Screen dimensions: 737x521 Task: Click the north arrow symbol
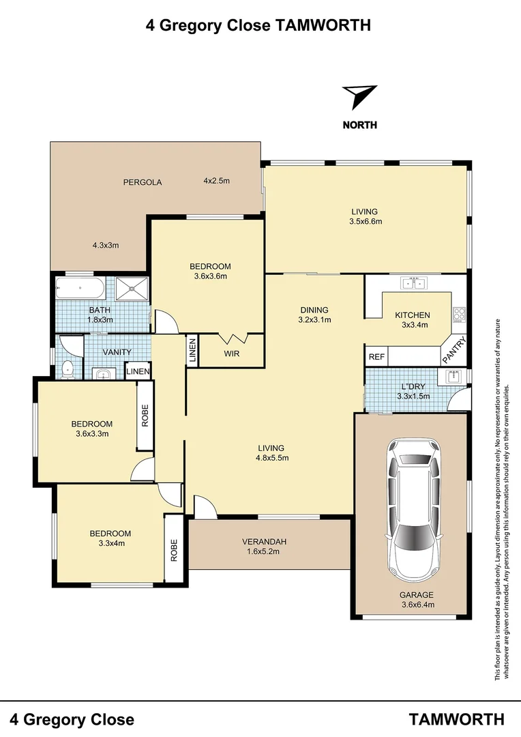(359, 96)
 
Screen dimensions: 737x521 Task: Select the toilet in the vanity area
(67, 369)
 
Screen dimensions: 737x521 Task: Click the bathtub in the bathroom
(80, 289)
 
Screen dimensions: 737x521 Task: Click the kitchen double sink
(413, 283)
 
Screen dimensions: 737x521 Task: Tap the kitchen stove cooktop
(460, 315)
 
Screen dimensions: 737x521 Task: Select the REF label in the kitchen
(376, 357)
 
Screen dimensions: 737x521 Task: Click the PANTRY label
(455, 350)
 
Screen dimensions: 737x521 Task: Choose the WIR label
(231, 353)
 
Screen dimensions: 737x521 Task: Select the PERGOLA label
(143, 182)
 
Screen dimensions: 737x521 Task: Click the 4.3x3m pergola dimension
(106, 245)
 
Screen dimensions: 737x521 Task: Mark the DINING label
(314, 310)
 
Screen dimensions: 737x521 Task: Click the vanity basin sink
(102, 373)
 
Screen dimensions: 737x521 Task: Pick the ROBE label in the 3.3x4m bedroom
(175, 550)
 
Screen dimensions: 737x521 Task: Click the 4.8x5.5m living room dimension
(271, 458)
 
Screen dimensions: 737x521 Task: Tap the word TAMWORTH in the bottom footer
(457, 719)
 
